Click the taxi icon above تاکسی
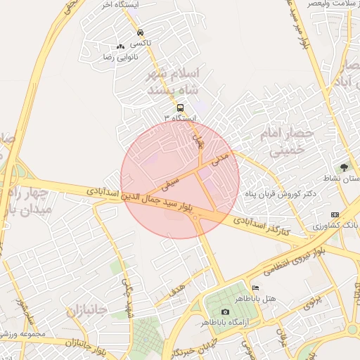click(141, 32)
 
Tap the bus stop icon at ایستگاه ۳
click(181, 108)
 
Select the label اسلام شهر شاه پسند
click(172, 82)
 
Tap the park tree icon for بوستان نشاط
click(344, 167)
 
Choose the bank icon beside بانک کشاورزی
click(335, 214)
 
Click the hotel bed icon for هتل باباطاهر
click(255, 288)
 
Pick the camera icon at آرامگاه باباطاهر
click(225, 311)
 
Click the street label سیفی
click(170, 186)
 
